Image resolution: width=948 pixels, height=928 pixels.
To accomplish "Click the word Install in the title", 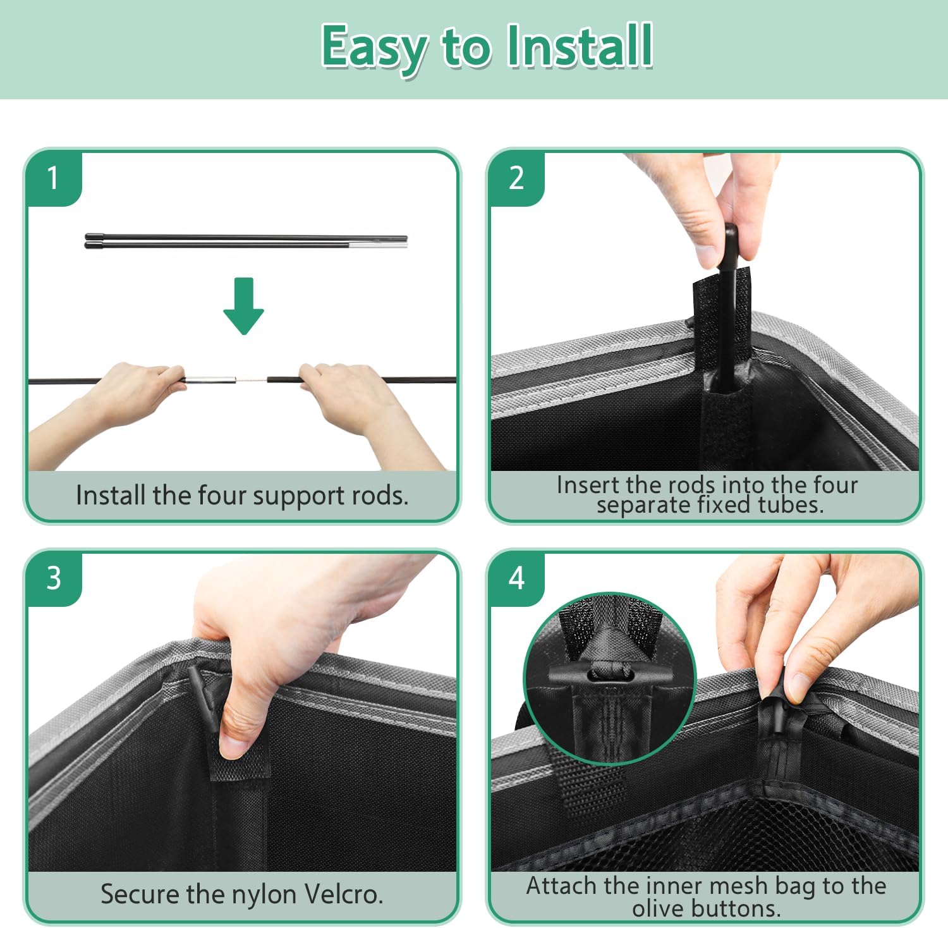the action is coord(580,46).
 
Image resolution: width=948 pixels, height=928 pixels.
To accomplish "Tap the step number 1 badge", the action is coord(54,178).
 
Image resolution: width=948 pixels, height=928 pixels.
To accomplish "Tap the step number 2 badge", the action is coord(516,178).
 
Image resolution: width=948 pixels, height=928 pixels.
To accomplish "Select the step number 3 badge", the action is coord(54,578).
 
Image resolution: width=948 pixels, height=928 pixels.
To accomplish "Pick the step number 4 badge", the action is coord(516,578).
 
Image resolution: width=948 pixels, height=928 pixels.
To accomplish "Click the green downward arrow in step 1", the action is coord(243,306).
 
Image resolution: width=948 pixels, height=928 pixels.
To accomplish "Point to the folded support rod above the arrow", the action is coord(246,240).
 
